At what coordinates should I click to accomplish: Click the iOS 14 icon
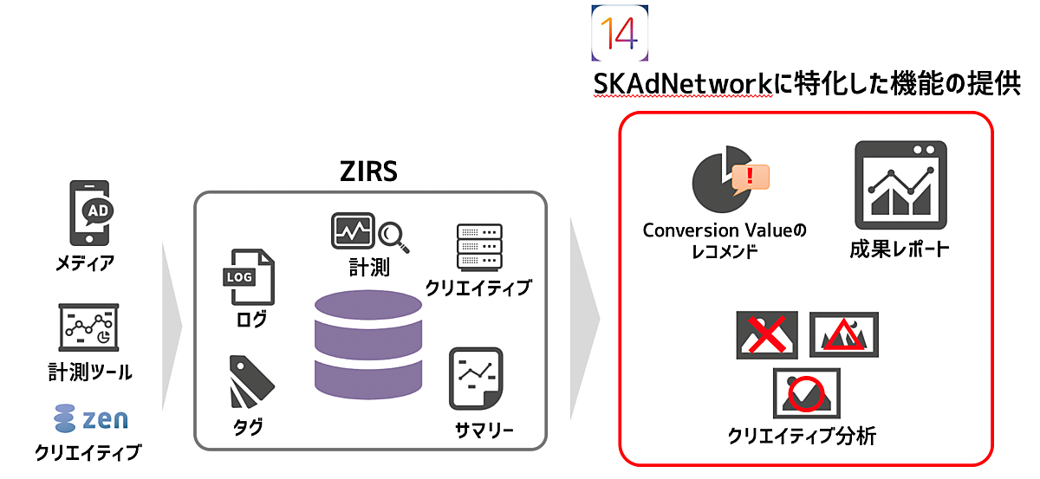(x=620, y=33)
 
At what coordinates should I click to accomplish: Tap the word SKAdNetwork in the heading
(x=683, y=84)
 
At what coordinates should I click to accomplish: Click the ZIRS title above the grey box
(x=368, y=171)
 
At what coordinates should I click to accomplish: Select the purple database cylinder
(x=368, y=345)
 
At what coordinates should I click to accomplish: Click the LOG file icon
(x=250, y=277)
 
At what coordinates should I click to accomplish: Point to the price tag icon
(x=251, y=382)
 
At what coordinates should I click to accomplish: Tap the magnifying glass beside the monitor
(x=393, y=237)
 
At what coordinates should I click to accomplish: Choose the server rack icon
(x=479, y=247)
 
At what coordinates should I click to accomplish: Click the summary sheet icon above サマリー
(x=476, y=379)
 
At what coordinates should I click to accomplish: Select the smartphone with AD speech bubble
(x=91, y=213)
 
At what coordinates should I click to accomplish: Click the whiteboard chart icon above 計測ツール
(x=88, y=327)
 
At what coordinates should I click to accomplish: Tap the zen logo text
(x=105, y=419)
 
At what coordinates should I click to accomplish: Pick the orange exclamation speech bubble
(x=750, y=178)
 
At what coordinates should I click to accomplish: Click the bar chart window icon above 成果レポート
(x=900, y=185)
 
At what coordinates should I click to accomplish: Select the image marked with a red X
(x=767, y=335)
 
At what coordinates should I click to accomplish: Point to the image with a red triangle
(x=844, y=334)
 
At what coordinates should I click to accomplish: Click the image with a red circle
(x=807, y=393)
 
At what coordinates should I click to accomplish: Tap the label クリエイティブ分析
(x=802, y=436)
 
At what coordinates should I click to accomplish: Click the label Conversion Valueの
(x=725, y=230)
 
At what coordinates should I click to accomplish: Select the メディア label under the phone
(x=85, y=263)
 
